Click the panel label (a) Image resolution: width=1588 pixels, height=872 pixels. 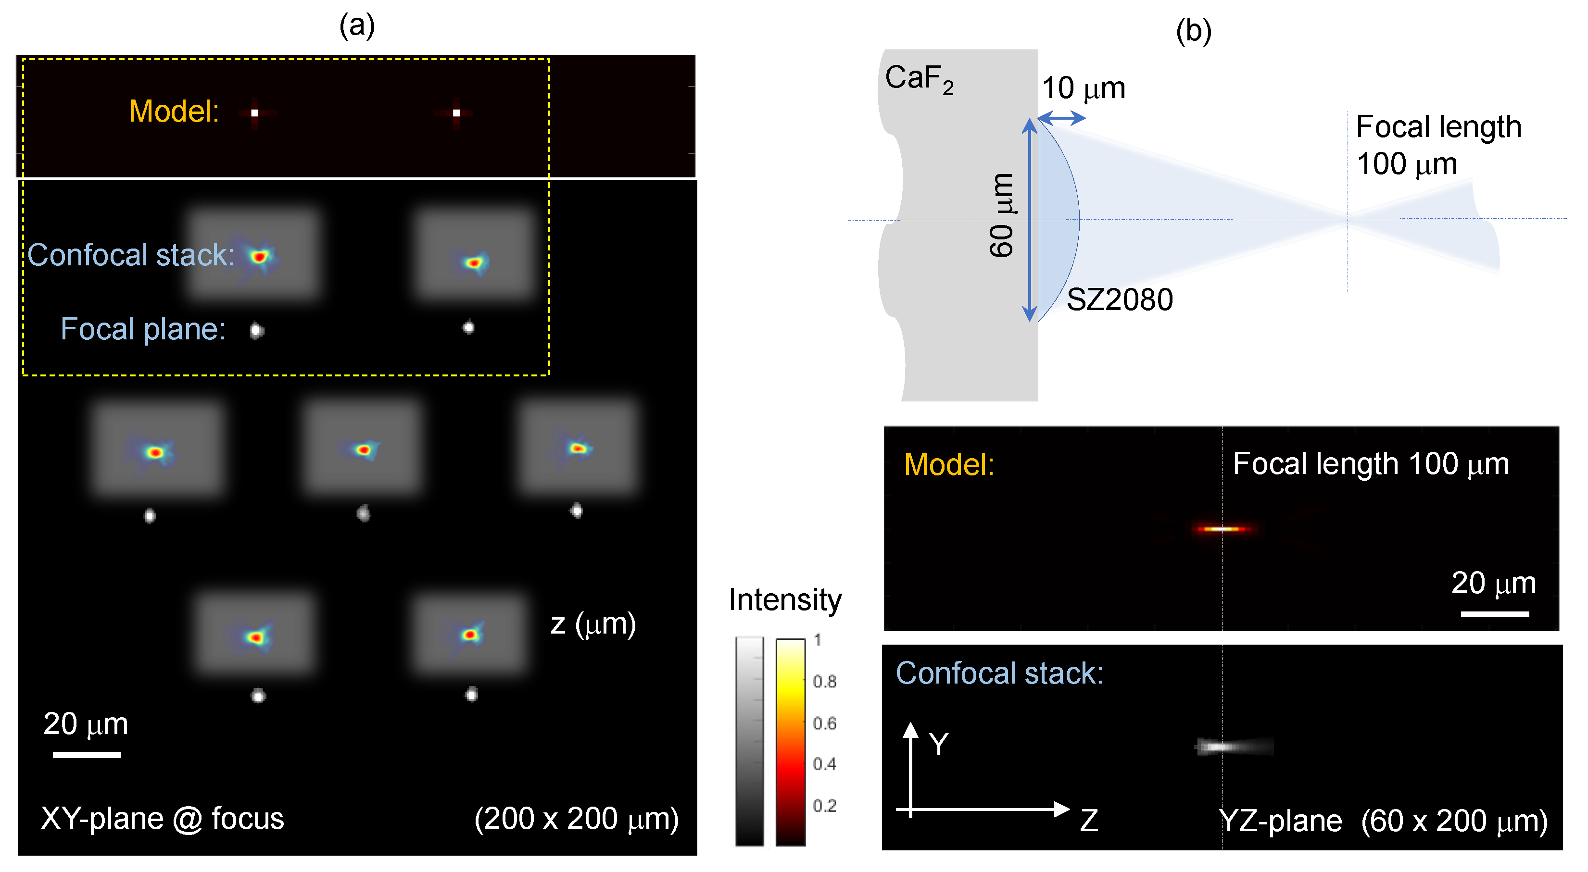357,26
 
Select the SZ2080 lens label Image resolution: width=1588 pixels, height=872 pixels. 1119,300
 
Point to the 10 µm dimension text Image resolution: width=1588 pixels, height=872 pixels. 1083,88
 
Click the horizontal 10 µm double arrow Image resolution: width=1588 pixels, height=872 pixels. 1061,117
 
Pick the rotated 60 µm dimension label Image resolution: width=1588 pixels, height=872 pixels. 1002,216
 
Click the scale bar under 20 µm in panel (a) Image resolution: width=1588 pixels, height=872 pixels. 87,754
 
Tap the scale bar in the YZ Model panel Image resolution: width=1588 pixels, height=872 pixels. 1494,614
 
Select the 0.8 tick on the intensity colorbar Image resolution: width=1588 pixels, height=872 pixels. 824,682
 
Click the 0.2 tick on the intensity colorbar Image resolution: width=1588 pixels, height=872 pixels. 824,806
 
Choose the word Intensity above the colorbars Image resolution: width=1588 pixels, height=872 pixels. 785,599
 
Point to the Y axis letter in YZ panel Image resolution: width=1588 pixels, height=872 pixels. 938,745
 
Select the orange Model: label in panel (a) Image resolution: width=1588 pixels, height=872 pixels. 174,112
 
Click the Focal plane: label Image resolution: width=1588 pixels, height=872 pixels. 143,329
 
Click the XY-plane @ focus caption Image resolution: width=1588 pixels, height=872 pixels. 162,818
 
